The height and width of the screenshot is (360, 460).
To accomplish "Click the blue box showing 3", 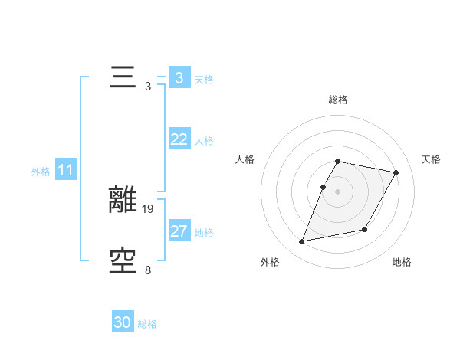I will [x=179, y=78].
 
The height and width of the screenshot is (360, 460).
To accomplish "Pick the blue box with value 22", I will [x=179, y=139].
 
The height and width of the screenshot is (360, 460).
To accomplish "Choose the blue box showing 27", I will [x=179, y=231].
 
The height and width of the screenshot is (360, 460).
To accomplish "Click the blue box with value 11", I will [x=65, y=171].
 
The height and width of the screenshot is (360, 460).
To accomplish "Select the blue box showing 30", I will [x=123, y=322].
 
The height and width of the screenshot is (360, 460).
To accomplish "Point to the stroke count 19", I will [x=149, y=208].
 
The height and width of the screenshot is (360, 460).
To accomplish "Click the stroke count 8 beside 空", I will [x=148, y=270].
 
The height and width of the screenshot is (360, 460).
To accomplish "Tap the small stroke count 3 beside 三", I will [x=148, y=86].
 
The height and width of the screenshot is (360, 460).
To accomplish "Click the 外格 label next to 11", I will [x=41, y=172].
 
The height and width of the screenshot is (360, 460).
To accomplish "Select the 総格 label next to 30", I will [x=147, y=324].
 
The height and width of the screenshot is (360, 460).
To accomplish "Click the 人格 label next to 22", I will [x=204, y=141].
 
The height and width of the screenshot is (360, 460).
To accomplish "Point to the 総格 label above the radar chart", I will [x=338, y=100].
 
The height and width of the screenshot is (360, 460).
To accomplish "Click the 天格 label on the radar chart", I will [x=431, y=159].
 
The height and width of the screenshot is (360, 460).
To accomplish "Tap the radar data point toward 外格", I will [x=302, y=242].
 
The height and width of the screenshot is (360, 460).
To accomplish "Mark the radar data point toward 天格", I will [x=396, y=173].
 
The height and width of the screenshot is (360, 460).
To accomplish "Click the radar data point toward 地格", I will [x=365, y=230].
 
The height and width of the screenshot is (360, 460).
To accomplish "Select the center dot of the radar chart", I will [x=338, y=191].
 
